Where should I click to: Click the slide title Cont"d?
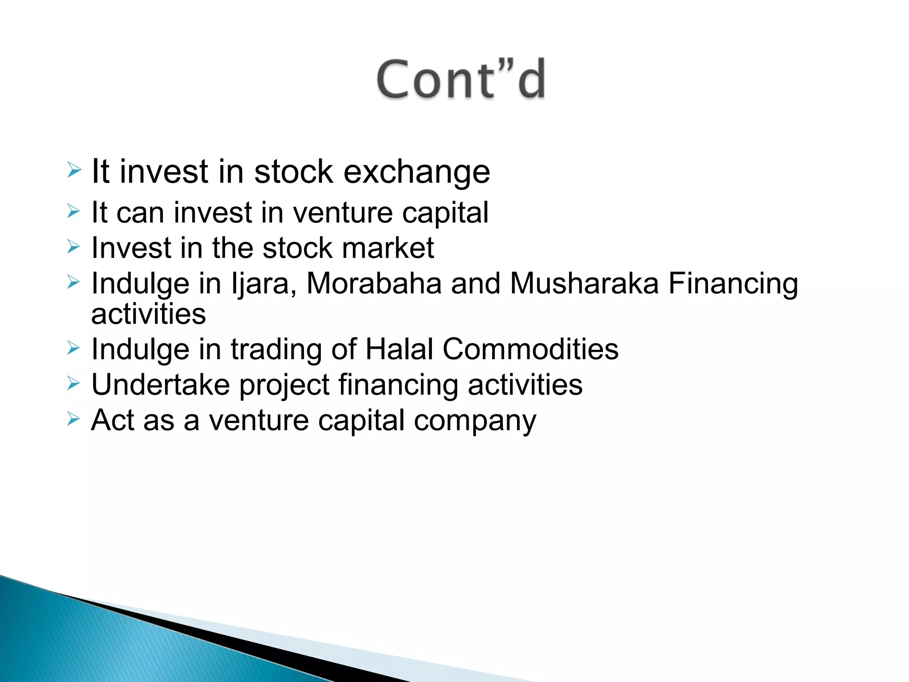(x=461, y=79)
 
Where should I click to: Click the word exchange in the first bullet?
(x=417, y=172)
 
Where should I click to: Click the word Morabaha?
(x=374, y=283)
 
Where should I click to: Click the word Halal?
(x=399, y=349)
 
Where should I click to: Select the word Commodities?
(x=530, y=349)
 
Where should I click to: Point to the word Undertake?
(x=161, y=385)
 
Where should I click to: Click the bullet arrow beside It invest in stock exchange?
(x=74, y=170)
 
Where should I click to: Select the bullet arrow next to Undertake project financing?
(x=74, y=383)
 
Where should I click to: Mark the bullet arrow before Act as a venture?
(x=74, y=418)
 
